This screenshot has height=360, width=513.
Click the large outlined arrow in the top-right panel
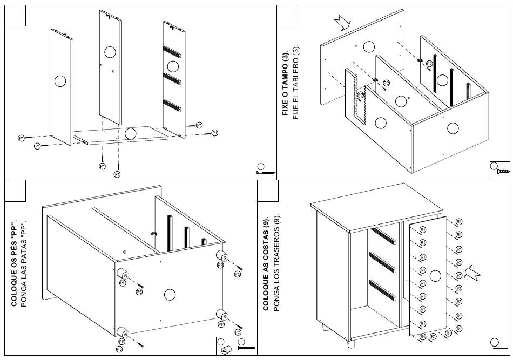point(342,22)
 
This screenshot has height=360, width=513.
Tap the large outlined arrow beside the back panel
point(473,273)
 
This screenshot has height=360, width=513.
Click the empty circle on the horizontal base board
point(130,133)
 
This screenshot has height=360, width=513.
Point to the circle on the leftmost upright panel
point(60,81)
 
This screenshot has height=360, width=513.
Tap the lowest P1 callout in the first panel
point(117,174)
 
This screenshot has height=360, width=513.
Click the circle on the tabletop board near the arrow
point(369,46)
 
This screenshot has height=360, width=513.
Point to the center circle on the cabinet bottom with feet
point(170,295)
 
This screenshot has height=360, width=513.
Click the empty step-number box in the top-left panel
point(15,15)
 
